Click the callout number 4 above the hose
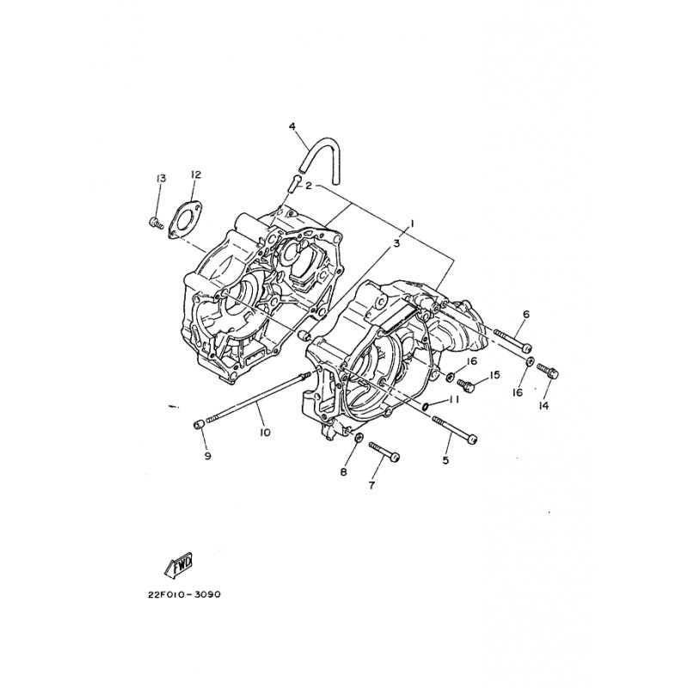[292, 126]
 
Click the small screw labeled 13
[156, 223]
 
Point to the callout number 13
[161, 179]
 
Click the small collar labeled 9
[198, 426]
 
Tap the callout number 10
[265, 433]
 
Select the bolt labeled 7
[384, 451]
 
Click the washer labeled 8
[359, 438]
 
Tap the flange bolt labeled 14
[548, 372]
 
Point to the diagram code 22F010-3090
[183, 595]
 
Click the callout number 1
[412, 224]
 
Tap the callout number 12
[196, 175]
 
